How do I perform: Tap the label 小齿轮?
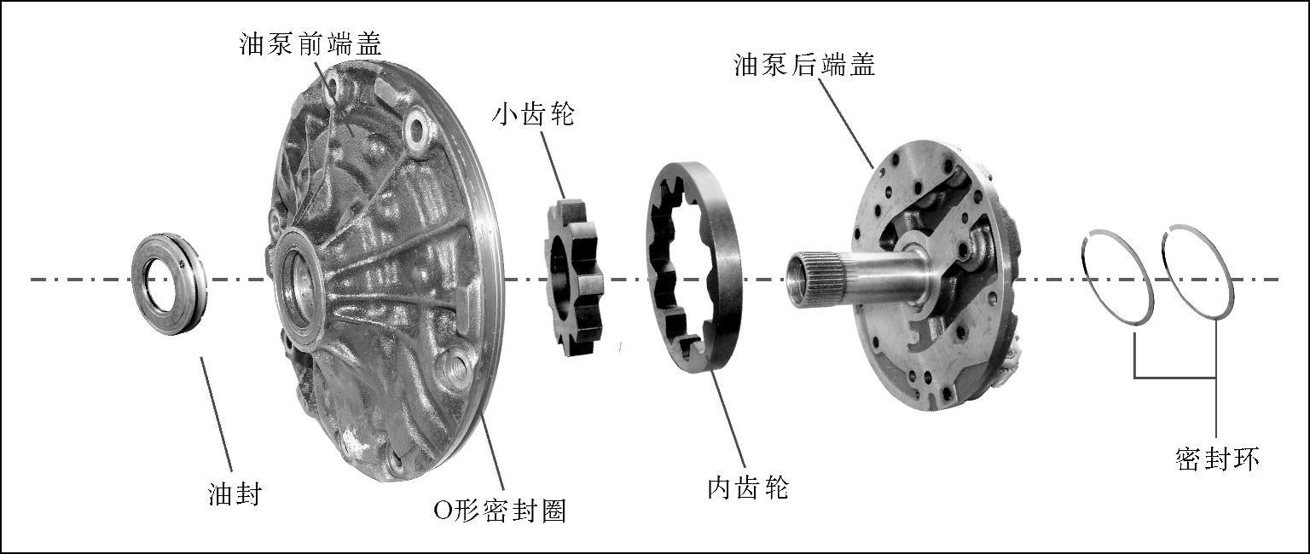(x=533, y=113)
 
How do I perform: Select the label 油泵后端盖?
(x=804, y=65)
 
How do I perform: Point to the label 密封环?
(x=1216, y=459)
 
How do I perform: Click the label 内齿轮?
(x=748, y=488)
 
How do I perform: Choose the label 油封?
(x=234, y=493)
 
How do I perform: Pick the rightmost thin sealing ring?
(x=1197, y=272)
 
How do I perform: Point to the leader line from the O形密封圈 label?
(x=493, y=452)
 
